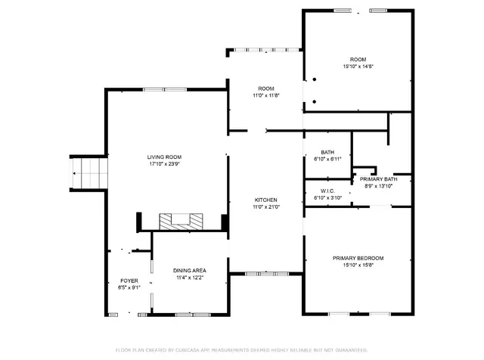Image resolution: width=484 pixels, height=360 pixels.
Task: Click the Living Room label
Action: pyautogui.click(x=164, y=157)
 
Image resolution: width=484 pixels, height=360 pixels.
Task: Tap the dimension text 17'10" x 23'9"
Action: pyautogui.click(x=164, y=164)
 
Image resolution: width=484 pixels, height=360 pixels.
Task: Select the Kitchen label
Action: pyautogui.click(x=265, y=200)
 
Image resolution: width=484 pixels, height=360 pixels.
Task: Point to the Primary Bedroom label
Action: pyautogui.click(x=358, y=258)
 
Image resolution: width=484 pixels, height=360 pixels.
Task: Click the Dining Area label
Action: pyautogui.click(x=190, y=271)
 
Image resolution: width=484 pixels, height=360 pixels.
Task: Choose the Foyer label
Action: pyautogui.click(x=128, y=281)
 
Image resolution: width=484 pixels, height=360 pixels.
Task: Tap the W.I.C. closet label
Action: pyautogui.click(x=327, y=191)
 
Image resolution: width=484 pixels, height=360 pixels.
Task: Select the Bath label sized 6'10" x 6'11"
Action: pyautogui.click(x=327, y=152)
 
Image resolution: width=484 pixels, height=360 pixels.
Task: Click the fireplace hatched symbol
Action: pyautogui.click(x=181, y=221)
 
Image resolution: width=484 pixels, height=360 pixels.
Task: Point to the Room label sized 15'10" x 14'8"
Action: pyautogui.click(x=358, y=60)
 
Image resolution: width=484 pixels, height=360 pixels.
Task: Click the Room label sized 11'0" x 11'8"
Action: pyautogui.click(x=266, y=88)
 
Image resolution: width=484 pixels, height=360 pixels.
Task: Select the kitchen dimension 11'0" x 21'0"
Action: pyautogui.click(x=266, y=206)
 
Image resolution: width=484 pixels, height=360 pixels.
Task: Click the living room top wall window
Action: pyautogui.click(x=165, y=89)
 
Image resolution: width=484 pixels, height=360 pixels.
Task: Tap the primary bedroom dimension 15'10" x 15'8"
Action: pyautogui.click(x=358, y=265)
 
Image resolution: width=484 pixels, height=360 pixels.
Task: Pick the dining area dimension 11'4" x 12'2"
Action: pyautogui.click(x=190, y=278)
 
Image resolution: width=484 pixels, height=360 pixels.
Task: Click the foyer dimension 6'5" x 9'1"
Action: pyautogui.click(x=128, y=287)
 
